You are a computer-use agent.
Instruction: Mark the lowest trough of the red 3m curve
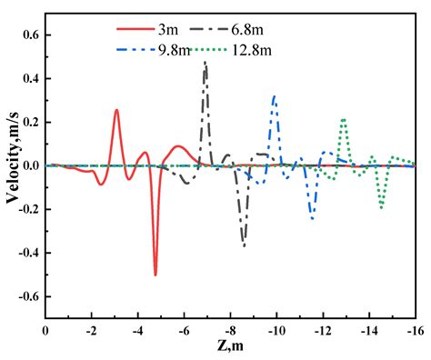155,274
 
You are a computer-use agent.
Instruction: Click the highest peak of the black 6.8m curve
205,62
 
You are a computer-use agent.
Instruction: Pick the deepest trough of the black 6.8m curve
243,245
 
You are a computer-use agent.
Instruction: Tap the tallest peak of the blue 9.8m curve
275,95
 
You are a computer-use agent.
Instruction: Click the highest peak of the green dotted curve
344,118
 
